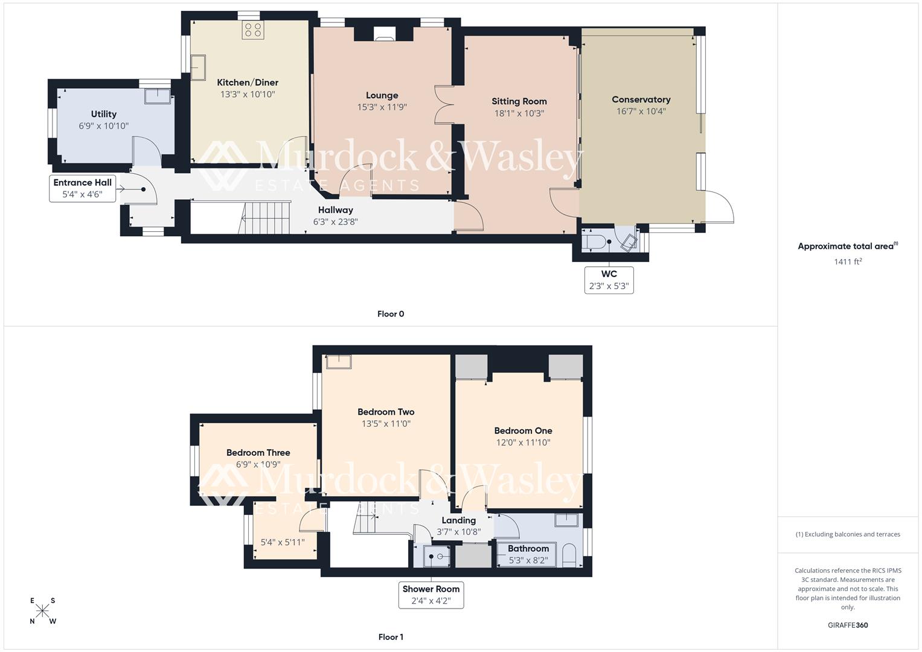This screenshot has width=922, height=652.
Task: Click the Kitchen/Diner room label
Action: click(x=248, y=83)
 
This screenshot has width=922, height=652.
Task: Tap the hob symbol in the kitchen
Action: click(x=252, y=30)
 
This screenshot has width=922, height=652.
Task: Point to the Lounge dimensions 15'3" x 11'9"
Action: click(x=382, y=107)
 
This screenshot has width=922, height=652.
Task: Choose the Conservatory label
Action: click(x=641, y=100)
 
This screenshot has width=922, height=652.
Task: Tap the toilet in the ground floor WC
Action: click(x=595, y=242)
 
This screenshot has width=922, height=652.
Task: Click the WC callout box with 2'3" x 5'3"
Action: click(x=609, y=280)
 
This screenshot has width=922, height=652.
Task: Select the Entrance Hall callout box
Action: click(x=82, y=188)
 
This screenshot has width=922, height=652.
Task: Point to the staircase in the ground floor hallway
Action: click(x=266, y=217)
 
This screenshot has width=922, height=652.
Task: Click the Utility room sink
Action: click(x=158, y=96)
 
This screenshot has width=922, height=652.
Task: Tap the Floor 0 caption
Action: click(x=391, y=314)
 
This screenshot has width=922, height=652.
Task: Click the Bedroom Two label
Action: click(x=386, y=412)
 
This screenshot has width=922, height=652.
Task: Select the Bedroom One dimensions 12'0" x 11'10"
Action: click(x=523, y=443)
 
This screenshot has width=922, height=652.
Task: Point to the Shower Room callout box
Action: click(x=431, y=595)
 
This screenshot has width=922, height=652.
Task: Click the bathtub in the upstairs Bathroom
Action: click(x=527, y=554)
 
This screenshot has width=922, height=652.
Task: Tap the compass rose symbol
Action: click(x=42, y=611)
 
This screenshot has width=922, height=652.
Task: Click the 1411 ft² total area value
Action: click(x=848, y=261)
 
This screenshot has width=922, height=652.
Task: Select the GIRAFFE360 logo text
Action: click(x=848, y=625)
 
